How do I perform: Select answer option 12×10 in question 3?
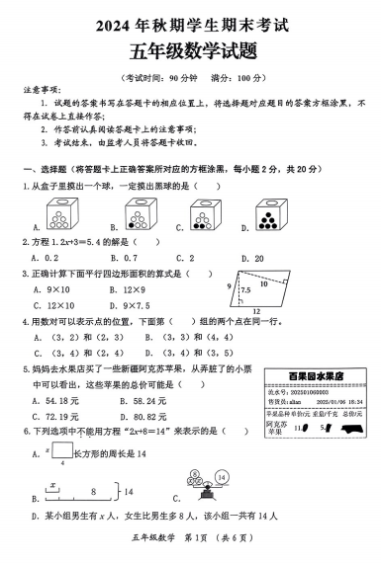[58, 304]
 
